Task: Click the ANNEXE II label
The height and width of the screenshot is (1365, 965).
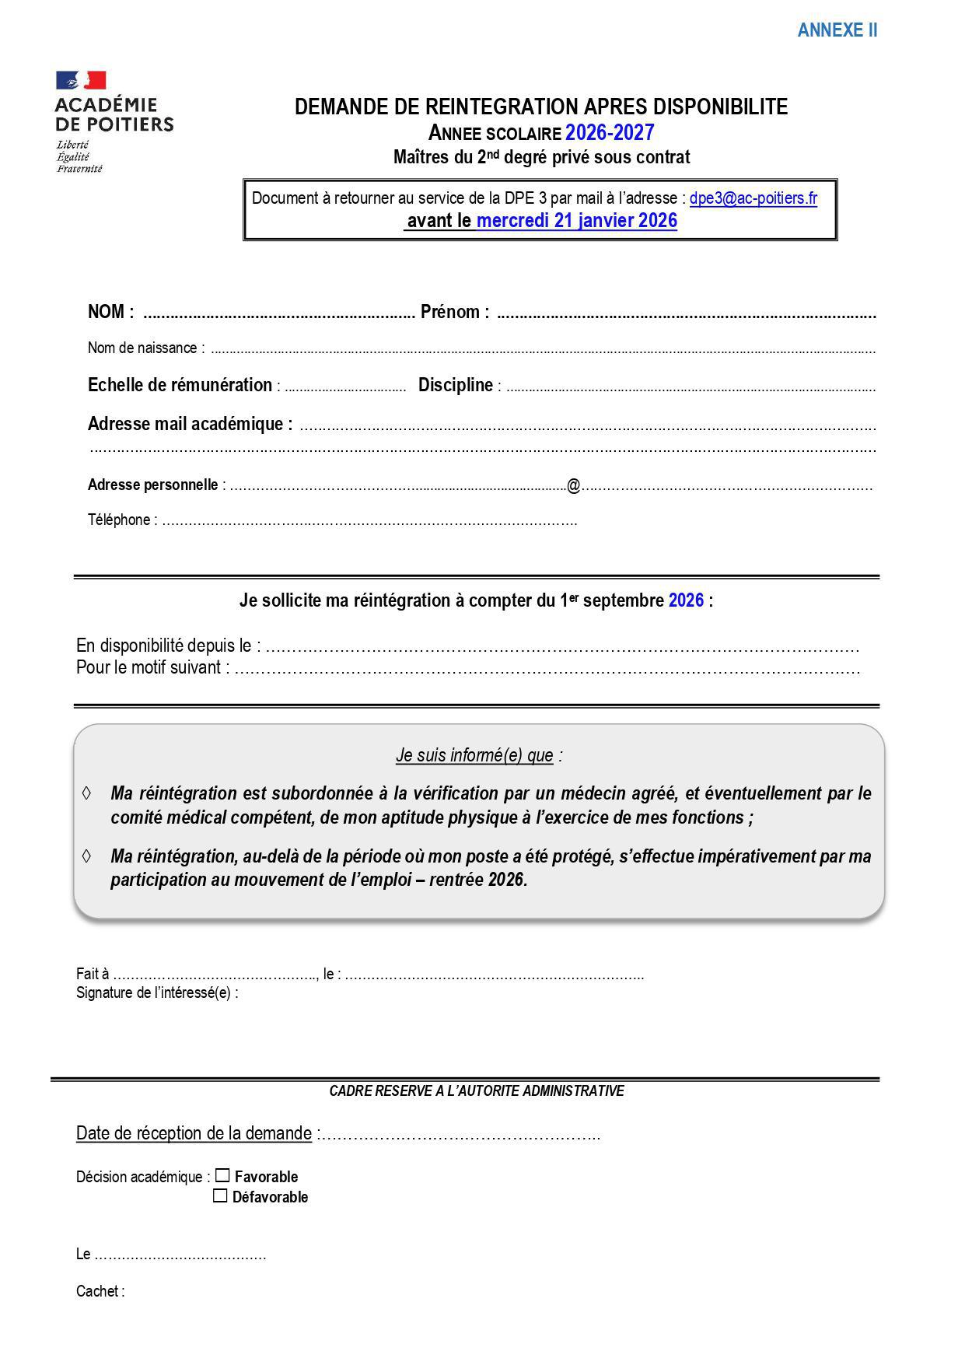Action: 837,30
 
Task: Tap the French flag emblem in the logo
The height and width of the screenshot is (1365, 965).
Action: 81,80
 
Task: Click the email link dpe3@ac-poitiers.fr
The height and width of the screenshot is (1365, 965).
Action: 753,198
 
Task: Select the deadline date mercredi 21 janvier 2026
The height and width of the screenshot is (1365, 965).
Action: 576,221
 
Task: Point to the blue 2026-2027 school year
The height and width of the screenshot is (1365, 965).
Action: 610,132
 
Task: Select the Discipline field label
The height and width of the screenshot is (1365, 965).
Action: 456,385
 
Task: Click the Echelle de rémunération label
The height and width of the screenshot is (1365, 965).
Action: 180,385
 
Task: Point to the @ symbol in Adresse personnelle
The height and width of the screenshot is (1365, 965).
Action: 574,486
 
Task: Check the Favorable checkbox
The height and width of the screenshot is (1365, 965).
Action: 222,1175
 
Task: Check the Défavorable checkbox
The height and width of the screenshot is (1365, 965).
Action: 220,1195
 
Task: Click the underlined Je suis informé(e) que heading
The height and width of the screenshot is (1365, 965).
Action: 474,755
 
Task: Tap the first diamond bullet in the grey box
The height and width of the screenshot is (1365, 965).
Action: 86,793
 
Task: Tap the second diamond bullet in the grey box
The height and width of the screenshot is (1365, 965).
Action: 86,856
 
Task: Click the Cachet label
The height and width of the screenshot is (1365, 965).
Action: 100,1291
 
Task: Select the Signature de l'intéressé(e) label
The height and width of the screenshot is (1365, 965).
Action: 157,992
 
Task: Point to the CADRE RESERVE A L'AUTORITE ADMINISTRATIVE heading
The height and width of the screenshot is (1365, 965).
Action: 477,1090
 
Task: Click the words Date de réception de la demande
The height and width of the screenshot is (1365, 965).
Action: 194,1133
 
